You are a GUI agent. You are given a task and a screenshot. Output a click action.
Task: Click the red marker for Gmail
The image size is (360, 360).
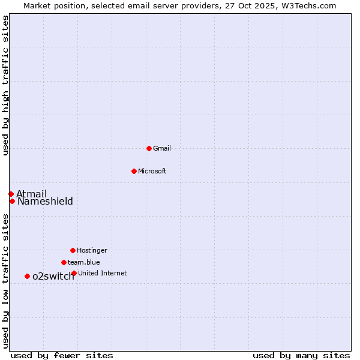point(149,148)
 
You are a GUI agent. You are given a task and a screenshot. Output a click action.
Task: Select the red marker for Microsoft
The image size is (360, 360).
point(134,171)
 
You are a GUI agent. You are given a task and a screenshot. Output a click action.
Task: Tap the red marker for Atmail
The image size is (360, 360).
point(11,194)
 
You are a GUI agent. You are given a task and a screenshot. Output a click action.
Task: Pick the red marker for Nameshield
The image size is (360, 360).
point(12,201)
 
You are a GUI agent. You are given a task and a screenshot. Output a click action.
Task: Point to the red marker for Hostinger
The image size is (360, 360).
point(73,250)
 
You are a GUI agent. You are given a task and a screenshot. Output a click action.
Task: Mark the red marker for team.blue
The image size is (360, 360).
point(64,262)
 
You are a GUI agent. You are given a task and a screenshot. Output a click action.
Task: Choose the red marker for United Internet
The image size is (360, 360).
point(74,273)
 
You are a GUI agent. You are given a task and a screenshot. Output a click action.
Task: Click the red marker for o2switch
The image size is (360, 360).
point(27,276)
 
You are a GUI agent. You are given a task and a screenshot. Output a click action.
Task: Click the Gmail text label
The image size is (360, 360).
point(162,148)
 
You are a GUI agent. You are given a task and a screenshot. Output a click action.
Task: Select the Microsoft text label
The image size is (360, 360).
point(152,171)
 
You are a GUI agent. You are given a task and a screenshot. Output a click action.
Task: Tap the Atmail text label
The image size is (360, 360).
point(31,194)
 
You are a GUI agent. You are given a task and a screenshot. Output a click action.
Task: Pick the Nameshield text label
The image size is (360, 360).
point(45,201)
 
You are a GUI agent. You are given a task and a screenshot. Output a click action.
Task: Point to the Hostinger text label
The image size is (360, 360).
point(92,250)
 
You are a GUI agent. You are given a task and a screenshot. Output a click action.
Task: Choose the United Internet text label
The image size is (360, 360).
point(103,273)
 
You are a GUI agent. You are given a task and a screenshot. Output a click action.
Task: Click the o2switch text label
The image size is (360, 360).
point(53,277)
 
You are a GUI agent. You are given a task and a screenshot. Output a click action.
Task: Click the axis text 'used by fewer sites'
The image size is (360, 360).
point(62,355)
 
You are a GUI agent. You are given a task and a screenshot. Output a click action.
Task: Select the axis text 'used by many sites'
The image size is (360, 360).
point(301,355)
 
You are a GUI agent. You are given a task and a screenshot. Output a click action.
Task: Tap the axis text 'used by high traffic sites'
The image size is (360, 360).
point(5,85)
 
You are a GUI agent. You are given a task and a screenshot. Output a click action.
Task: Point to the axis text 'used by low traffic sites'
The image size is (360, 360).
point(5,281)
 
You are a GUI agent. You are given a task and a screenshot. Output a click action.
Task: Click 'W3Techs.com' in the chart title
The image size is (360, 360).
point(308,5)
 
